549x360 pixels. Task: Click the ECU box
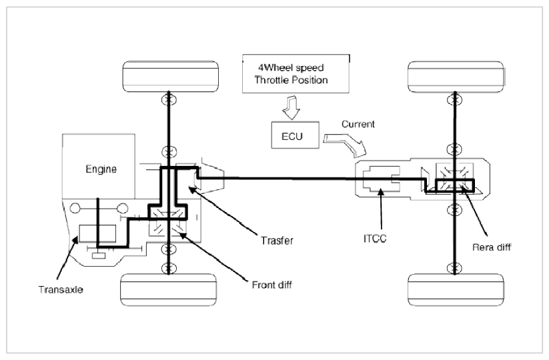pyautogui.click(x=295, y=135)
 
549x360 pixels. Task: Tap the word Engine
pyautogui.click(x=101, y=169)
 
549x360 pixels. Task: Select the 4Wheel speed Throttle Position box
pyautogui.click(x=296, y=73)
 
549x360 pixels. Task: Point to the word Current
pyautogui.click(x=358, y=124)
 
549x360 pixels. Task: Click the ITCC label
pyautogui.click(x=375, y=239)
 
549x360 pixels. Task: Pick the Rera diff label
pyautogui.click(x=492, y=247)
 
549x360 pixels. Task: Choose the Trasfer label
pyautogui.click(x=277, y=241)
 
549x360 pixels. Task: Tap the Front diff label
pyautogui.click(x=271, y=285)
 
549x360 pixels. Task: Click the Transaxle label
pyautogui.click(x=61, y=290)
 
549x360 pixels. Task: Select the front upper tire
pyautogui.click(x=171, y=77)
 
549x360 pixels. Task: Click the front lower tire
pyautogui.click(x=168, y=290)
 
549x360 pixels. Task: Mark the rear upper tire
pyautogui.click(x=456, y=77)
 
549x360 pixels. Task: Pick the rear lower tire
pyautogui.click(x=456, y=290)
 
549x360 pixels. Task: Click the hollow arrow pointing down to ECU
pyautogui.click(x=292, y=108)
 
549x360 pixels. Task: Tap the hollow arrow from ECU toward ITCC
pyautogui.click(x=345, y=143)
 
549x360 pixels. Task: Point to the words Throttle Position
pyautogui.click(x=291, y=80)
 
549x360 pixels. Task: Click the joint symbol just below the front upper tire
pyautogui.click(x=169, y=100)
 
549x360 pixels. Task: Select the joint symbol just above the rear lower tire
pyautogui.click(x=454, y=269)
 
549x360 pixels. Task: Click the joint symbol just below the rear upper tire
pyautogui.click(x=454, y=100)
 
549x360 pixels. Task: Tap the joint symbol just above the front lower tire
pyautogui.click(x=169, y=269)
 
